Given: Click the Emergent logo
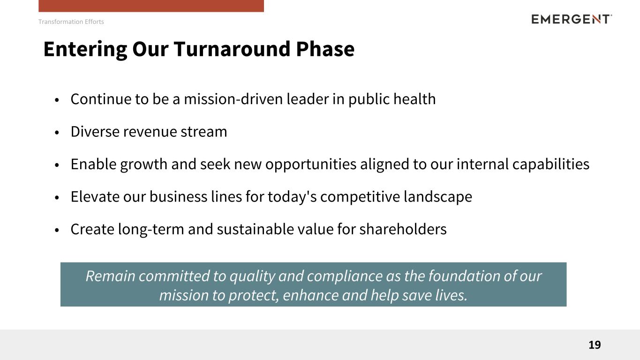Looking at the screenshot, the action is click(572, 19).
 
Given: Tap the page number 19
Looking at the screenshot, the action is click(595, 345).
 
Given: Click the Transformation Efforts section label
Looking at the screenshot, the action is click(71, 22).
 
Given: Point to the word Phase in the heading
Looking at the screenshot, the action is click(325, 49).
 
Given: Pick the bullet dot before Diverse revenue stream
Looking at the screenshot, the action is click(57, 133).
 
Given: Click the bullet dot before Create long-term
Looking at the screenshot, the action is click(57, 230).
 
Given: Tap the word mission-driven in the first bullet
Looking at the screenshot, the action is click(233, 99).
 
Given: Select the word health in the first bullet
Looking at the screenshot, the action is click(414, 99).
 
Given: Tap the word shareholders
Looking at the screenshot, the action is click(403, 229).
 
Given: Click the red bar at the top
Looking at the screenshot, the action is click(151, 6).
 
